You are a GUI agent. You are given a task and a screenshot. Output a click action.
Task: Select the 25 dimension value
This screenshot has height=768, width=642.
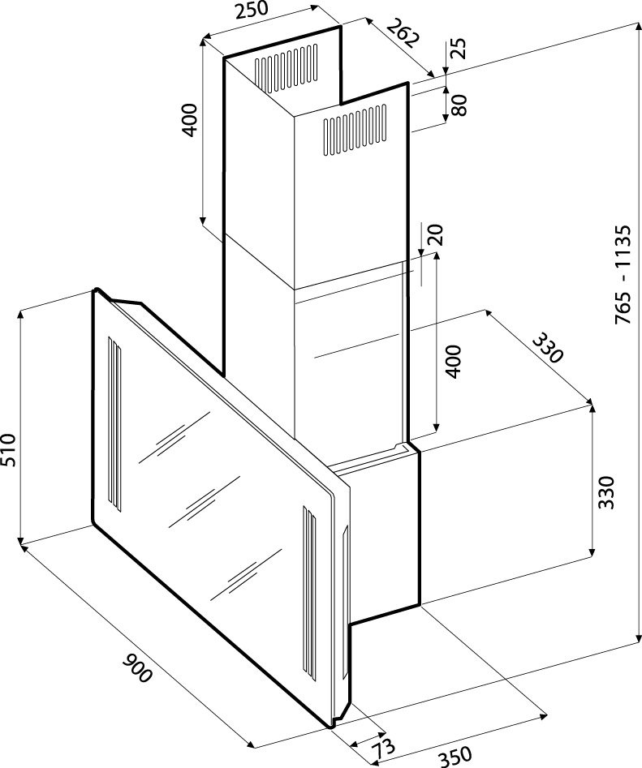tap(459, 48)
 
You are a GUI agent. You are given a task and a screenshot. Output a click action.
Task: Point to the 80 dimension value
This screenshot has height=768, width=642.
tap(459, 105)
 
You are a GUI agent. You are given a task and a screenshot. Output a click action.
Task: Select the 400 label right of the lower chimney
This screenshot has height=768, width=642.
tap(454, 360)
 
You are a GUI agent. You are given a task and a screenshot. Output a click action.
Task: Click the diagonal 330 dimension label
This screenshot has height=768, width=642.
tap(546, 348)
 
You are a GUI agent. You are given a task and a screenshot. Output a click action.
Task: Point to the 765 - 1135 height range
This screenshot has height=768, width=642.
tap(623, 275)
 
